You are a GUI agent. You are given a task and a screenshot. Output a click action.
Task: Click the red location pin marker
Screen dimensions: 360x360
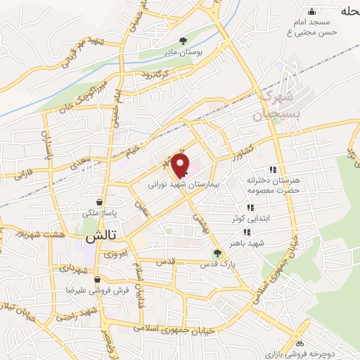tap(181, 165)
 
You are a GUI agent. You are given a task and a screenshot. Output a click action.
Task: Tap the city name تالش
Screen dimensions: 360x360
tap(100, 238)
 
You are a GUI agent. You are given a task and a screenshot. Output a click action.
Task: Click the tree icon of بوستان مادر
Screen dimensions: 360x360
tap(184, 41)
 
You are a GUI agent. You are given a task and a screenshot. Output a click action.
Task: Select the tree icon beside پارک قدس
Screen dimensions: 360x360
tap(217, 253)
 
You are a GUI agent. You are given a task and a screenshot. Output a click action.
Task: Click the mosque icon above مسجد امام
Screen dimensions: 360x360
tap(313, 11)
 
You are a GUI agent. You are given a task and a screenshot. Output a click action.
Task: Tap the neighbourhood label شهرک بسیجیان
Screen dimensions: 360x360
tap(276, 103)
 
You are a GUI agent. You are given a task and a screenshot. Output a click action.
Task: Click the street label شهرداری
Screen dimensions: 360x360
tap(72, 268)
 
